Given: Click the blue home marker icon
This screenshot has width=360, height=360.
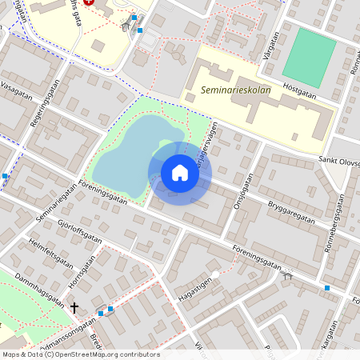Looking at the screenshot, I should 180,172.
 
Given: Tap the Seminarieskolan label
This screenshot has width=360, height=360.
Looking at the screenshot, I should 236,90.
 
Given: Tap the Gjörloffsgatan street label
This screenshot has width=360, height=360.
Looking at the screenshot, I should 80,230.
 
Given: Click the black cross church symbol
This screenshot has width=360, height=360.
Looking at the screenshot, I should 74,307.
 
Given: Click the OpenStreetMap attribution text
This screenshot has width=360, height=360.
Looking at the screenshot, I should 81,354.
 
